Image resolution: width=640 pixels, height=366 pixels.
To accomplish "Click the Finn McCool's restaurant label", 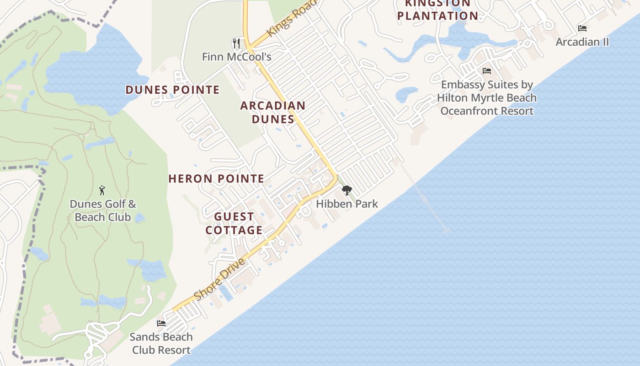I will (x=237, y=57).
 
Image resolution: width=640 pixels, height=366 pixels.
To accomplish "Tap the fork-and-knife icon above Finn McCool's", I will (x=236, y=43).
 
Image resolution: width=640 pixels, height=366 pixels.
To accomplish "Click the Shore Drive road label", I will (x=220, y=280).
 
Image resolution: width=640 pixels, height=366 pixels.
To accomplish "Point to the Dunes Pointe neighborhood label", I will (x=172, y=90).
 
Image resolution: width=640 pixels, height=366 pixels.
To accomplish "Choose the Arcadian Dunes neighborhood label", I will (x=273, y=112).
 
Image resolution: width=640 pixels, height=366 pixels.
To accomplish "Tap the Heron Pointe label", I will (x=216, y=178).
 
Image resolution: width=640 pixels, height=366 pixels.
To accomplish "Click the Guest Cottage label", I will (x=234, y=223).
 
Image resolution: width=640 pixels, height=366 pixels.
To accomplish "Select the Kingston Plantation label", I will (x=437, y=10).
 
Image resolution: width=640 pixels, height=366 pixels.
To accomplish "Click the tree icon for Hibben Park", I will (x=347, y=190).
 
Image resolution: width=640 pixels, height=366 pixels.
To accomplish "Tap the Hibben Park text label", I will (x=347, y=204).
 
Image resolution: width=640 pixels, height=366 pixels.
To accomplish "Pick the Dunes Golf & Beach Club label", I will (x=102, y=210).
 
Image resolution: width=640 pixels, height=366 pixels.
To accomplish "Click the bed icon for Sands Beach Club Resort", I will (x=161, y=323).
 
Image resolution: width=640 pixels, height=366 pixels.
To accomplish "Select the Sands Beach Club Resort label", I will (x=161, y=344).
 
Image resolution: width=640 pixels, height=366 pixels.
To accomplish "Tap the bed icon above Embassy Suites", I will (x=487, y=71).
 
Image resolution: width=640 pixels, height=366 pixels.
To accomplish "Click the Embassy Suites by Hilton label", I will (x=487, y=98).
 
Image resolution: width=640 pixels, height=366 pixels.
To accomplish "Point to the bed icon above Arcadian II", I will (x=582, y=28).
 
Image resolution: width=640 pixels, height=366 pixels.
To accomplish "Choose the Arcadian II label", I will (x=582, y=42).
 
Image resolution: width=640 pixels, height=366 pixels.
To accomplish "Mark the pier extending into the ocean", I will (x=425, y=199).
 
